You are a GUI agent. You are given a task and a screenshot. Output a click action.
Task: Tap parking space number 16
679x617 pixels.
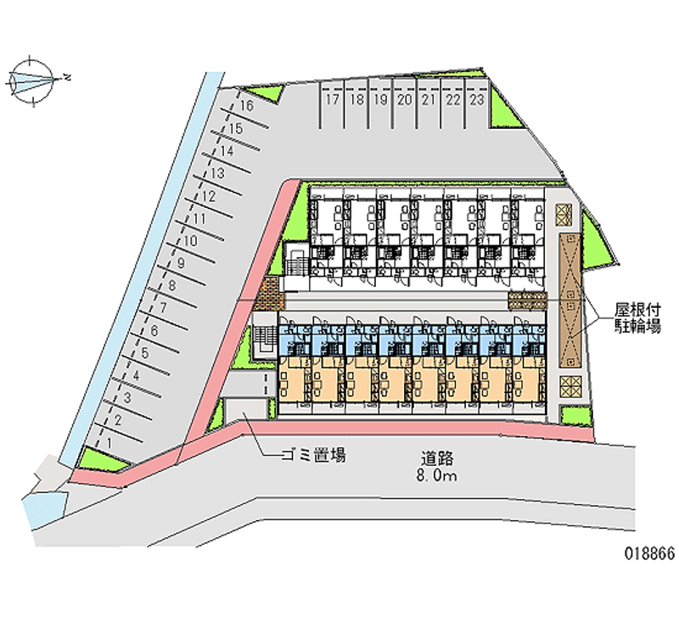tap(246, 106)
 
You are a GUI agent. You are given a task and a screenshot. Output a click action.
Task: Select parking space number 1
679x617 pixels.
tap(109, 441)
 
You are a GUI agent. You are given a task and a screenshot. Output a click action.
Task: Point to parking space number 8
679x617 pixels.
tap(171, 286)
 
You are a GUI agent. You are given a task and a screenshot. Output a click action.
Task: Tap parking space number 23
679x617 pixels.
tap(477, 100)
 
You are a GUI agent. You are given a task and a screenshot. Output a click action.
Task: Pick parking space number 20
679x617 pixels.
tap(405, 100)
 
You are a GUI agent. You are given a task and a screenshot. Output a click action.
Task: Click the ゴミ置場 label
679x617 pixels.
tap(314, 456)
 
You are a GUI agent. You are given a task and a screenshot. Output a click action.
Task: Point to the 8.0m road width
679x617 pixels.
tap(437, 477)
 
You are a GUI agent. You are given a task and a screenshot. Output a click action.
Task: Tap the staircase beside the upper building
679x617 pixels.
tap(296, 261)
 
